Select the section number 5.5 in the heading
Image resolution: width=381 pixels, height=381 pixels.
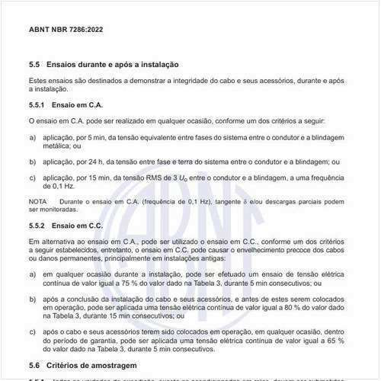pyautogui.click(x=34, y=66)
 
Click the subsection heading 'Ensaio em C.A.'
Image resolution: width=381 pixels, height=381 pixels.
pyautogui.click(x=80, y=104)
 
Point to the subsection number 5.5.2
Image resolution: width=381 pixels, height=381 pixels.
pyautogui.click(x=38, y=226)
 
